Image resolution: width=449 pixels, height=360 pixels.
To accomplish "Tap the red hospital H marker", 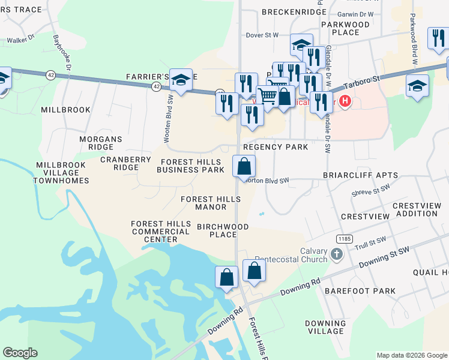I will (x=345, y=100).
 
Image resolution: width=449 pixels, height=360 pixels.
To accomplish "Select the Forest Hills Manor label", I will (x=203, y=203).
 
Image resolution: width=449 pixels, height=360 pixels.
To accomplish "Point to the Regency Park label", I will (x=275, y=147).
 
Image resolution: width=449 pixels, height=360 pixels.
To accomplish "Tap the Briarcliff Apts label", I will (x=360, y=175).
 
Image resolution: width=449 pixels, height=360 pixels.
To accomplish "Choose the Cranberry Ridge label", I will (x=126, y=163).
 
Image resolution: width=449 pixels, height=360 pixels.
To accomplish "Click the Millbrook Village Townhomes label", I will (x=62, y=173).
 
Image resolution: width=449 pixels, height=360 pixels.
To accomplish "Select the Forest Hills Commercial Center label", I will (x=154, y=232).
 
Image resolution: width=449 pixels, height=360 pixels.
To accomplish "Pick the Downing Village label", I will (x=325, y=327).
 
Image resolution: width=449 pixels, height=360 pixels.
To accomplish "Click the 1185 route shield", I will (x=344, y=239).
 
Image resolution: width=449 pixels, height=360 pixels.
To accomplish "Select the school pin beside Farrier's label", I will (x=180, y=80).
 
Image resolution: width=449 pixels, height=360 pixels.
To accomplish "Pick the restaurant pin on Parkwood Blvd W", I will (x=437, y=38).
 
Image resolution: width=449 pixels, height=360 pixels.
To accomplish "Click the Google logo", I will (x=20, y=353).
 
